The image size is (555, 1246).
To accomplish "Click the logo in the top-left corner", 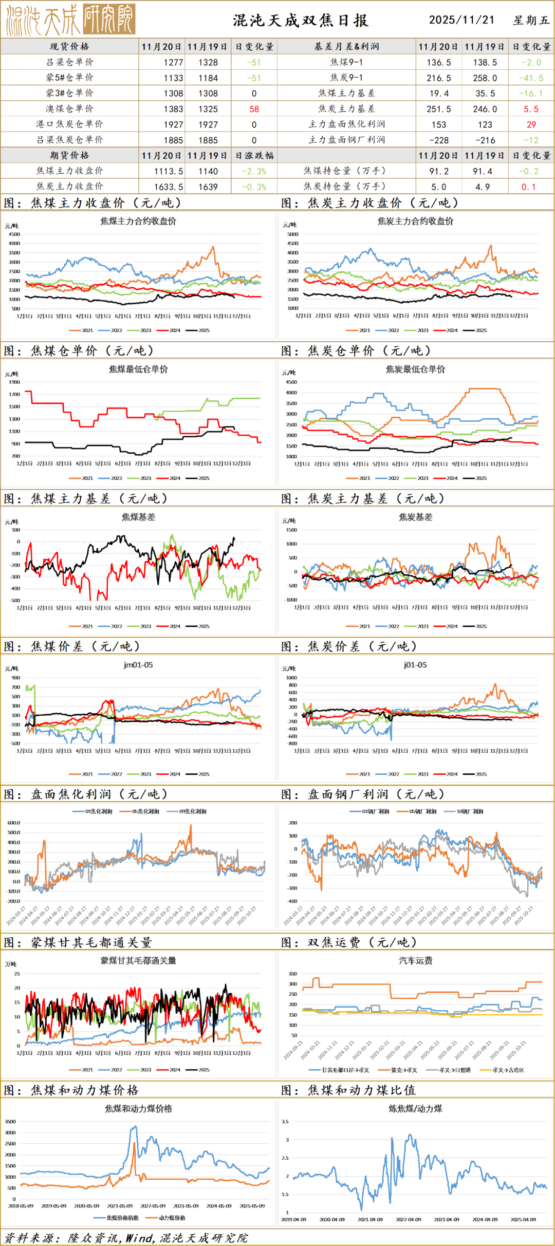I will point(70,20).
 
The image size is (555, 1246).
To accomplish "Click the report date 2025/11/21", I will point(461,20).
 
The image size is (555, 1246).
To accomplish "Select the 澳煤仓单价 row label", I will point(69,109).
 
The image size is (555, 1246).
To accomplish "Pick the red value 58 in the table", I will point(254,109).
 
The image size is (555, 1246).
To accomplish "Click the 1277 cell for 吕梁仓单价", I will point(173,63).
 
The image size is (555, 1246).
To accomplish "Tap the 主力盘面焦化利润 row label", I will point(346,124).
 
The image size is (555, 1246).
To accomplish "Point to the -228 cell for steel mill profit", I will point(439,140).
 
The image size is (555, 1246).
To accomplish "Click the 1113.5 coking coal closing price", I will point(169,172).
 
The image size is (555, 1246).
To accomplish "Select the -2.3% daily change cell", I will point(254,172).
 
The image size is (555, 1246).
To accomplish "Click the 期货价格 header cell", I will point(69,156).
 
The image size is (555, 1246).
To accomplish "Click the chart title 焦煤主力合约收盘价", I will point(138,221).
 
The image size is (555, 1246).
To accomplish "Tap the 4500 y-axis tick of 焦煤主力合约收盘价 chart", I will point(14,234).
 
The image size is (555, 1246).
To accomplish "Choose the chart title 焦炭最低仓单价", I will point(415,369).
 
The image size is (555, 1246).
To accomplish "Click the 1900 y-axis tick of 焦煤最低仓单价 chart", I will point(14,382).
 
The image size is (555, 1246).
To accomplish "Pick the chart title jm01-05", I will point(138,665).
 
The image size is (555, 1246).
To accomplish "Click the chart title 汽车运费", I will point(415,961).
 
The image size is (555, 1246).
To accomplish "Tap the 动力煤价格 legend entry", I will point(172,1218).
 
